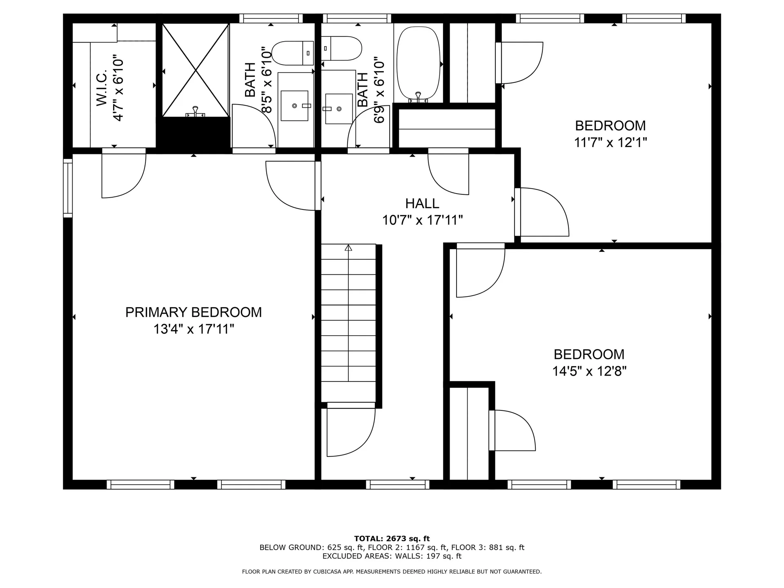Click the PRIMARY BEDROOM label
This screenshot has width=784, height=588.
[x=193, y=312]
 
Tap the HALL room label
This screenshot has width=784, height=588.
[x=422, y=203]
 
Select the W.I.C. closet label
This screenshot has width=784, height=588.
[x=102, y=88]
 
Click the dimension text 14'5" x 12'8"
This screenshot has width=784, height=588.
[x=589, y=371]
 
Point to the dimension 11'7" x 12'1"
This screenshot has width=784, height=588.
[x=610, y=143]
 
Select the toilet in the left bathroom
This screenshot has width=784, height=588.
[x=292, y=53]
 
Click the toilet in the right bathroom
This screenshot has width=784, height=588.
[x=341, y=48]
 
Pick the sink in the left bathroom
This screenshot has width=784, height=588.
[x=294, y=106]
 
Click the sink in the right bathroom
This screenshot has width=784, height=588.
[x=339, y=109]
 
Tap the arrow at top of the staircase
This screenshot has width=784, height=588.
[x=348, y=247]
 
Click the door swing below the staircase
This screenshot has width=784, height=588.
[x=351, y=431]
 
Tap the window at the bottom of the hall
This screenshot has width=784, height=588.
[x=397, y=485]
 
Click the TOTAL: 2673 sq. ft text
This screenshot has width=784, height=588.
[x=392, y=539]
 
